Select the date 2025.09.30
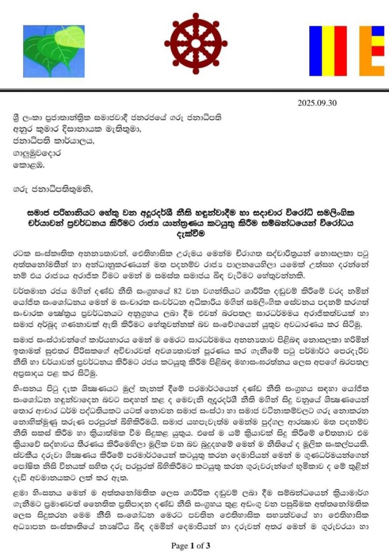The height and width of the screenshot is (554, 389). [x=317, y=103]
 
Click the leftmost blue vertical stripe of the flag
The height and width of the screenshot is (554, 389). [x=315, y=51]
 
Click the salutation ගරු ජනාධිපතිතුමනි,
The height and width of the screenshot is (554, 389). [x=54, y=191]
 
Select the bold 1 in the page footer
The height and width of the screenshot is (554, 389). [x=193, y=546]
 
